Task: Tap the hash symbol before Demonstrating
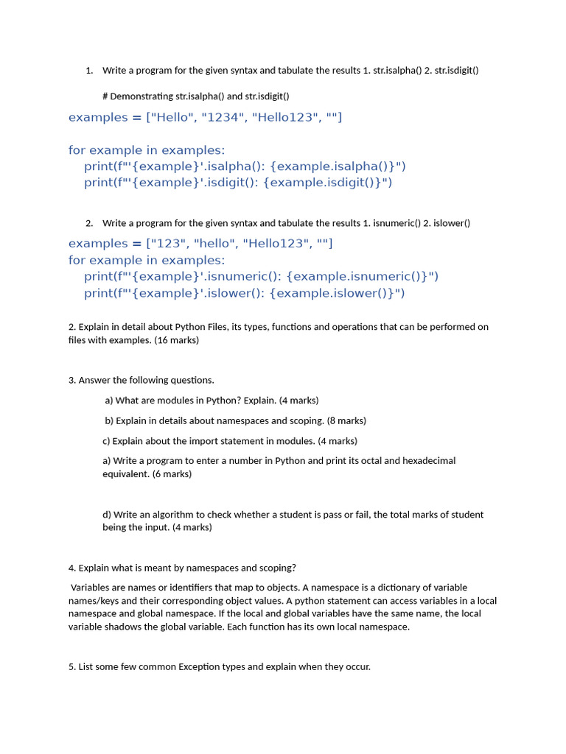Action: (105, 96)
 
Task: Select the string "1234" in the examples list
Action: (223, 117)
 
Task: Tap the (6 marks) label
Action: (172, 473)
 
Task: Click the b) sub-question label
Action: (109, 420)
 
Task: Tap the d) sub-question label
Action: (107, 514)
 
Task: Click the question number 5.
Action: (71, 666)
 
